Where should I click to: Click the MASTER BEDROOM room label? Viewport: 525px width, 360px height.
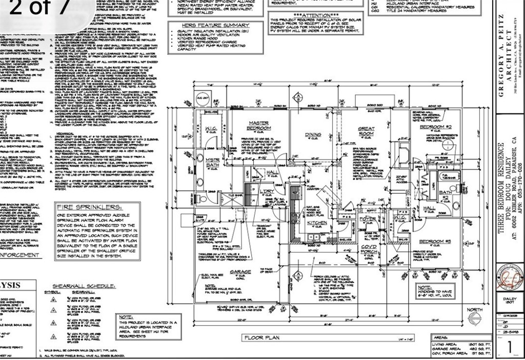pos(259,126)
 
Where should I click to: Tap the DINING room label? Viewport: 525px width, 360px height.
pos(313,135)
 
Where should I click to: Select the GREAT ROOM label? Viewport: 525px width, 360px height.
pos(366,131)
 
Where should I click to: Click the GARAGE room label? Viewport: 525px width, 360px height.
pos(240,272)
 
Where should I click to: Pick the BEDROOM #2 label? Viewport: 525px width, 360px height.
pos(435,127)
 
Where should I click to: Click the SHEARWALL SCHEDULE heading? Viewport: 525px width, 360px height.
pos(82,287)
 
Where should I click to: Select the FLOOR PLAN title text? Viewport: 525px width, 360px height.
pos(261,337)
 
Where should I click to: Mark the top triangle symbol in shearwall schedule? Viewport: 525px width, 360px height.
pos(53,298)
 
